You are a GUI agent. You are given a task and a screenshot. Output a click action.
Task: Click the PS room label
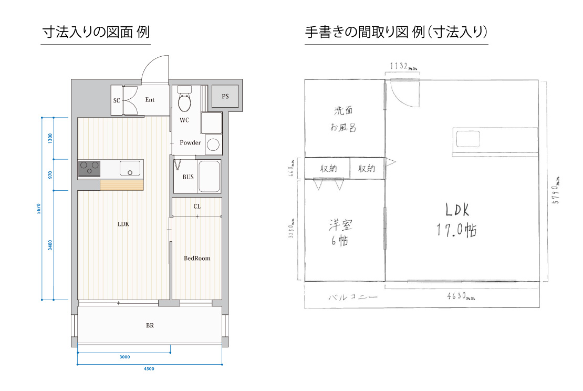225,96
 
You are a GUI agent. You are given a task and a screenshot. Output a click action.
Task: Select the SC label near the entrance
117,100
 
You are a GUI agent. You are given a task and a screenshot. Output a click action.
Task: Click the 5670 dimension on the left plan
39,208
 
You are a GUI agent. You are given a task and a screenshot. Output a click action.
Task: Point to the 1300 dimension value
50,138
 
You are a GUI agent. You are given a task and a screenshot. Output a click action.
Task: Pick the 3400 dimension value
50,245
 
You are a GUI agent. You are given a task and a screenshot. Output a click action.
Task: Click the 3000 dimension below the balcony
124,357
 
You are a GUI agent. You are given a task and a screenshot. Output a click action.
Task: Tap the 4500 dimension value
149,369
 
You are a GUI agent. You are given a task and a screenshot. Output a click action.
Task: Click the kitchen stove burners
89,169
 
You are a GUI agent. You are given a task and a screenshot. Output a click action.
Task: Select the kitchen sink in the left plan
130,168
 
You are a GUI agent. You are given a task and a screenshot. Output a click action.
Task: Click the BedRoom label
197,258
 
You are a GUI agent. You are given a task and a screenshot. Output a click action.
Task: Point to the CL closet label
197,206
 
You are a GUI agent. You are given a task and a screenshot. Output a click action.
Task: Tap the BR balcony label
150,325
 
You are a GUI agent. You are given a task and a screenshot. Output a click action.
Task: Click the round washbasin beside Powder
213,145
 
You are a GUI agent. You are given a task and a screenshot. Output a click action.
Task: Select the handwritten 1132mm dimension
403,66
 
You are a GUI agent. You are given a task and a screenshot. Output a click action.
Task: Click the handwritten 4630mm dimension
461,296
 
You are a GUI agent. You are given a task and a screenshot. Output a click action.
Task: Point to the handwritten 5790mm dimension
556,190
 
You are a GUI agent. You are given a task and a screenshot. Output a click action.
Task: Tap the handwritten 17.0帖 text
457,230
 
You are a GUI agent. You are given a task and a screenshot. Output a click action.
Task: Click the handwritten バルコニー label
353,297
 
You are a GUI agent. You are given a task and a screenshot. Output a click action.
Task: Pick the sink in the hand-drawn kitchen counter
468,139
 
